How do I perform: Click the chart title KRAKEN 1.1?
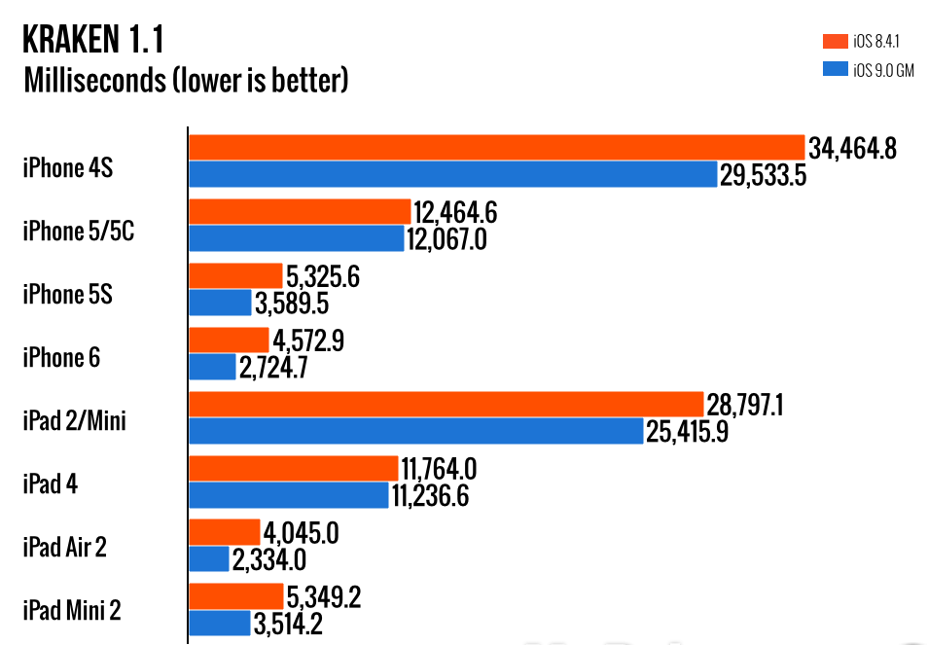tap(93, 40)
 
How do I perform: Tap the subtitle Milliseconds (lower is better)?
tap(185, 80)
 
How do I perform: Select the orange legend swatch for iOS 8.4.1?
tap(834, 41)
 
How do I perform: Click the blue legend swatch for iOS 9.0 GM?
tap(834, 69)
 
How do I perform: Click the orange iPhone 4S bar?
tap(496, 147)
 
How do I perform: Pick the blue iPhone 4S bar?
tap(452, 174)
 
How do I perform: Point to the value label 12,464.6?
tap(456, 211)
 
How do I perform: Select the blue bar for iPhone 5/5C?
tap(296, 238)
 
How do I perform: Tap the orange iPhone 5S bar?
tap(235, 276)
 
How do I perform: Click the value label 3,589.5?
tap(291, 304)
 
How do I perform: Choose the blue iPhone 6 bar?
tap(212, 367)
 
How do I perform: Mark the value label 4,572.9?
tap(308, 340)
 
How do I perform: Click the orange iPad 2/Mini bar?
tap(446, 404)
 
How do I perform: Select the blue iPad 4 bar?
tap(288, 495)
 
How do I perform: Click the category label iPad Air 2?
tap(64, 547)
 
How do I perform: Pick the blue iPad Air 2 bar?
tap(208, 559)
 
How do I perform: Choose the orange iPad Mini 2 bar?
tap(235, 596)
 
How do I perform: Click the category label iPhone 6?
tap(61, 357)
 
